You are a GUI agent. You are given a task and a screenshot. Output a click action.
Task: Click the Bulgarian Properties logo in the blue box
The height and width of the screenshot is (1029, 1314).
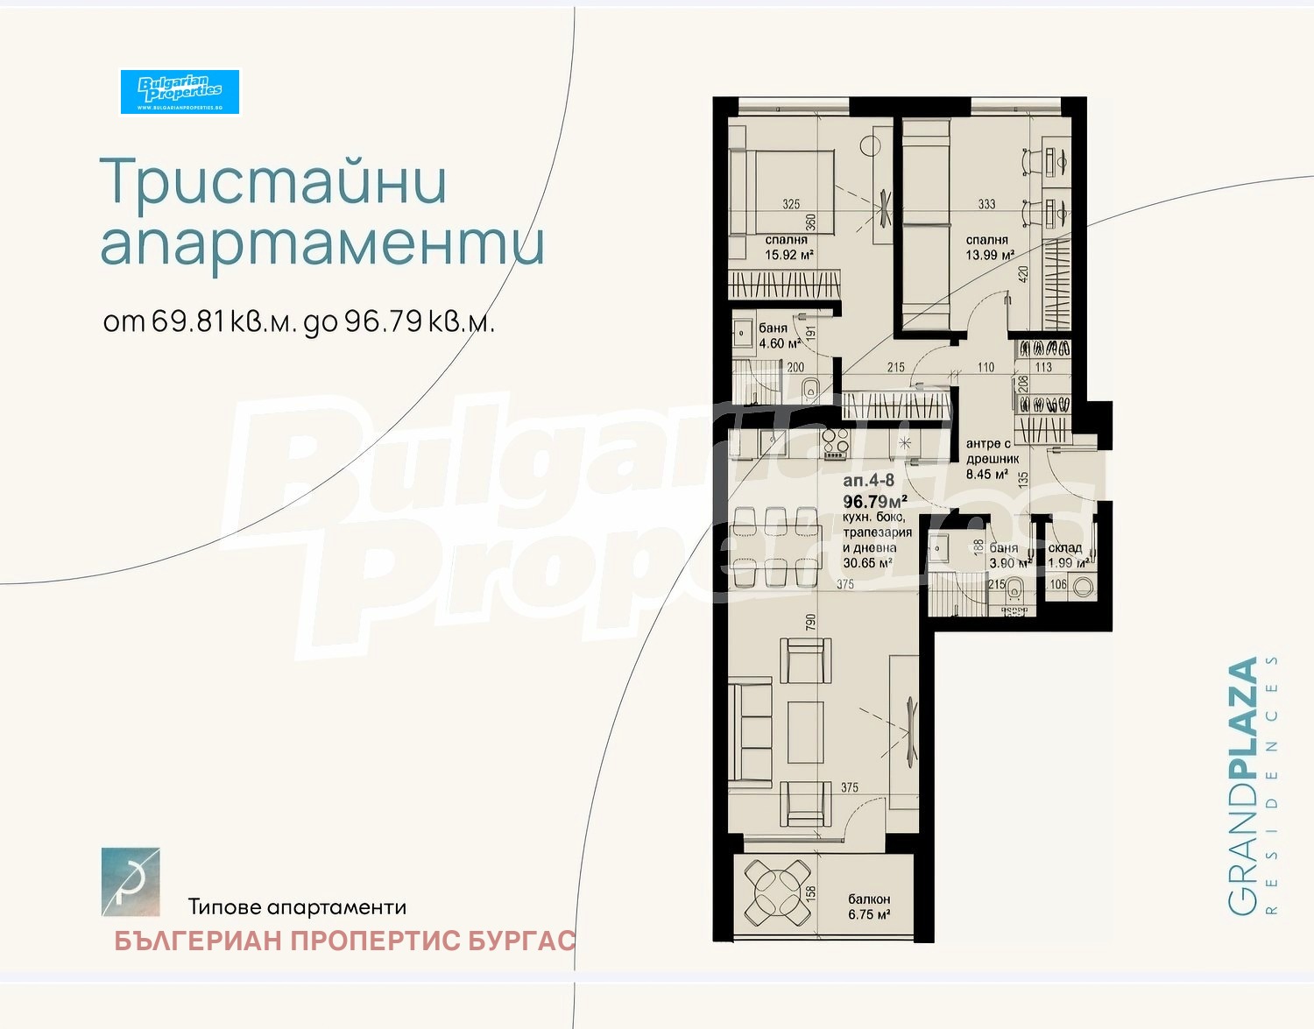(x=180, y=91)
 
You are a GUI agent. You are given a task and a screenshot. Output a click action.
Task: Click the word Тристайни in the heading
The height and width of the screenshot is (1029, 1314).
(x=273, y=183)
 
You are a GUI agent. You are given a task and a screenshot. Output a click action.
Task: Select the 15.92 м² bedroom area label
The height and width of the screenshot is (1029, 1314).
(x=789, y=256)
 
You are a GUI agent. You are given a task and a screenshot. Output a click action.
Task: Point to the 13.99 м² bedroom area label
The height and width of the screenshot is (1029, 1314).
(x=990, y=255)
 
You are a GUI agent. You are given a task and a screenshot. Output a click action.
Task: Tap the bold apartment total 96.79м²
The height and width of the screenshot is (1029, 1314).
(x=874, y=502)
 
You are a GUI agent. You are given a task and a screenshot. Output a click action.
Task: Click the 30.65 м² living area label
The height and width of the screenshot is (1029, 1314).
(x=867, y=563)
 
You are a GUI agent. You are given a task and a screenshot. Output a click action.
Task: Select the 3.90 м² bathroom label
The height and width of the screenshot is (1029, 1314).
(x=1009, y=563)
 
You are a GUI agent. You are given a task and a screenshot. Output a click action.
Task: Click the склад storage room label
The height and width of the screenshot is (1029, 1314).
(x=1064, y=548)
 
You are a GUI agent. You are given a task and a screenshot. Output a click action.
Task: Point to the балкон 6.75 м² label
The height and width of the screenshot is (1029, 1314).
(x=869, y=906)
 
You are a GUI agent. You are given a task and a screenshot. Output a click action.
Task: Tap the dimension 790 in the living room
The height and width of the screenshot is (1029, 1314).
(x=811, y=623)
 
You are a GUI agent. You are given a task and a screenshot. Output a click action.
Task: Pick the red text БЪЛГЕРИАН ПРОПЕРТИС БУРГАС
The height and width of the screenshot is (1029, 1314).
(x=344, y=941)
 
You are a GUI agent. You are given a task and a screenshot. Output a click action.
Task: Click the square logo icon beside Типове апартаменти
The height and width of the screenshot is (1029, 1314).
(x=131, y=882)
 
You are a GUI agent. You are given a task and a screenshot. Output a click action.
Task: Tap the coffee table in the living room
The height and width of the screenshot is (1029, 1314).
(x=805, y=732)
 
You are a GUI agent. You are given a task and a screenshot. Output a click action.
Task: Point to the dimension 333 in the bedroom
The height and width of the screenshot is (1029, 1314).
(x=986, y=204)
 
